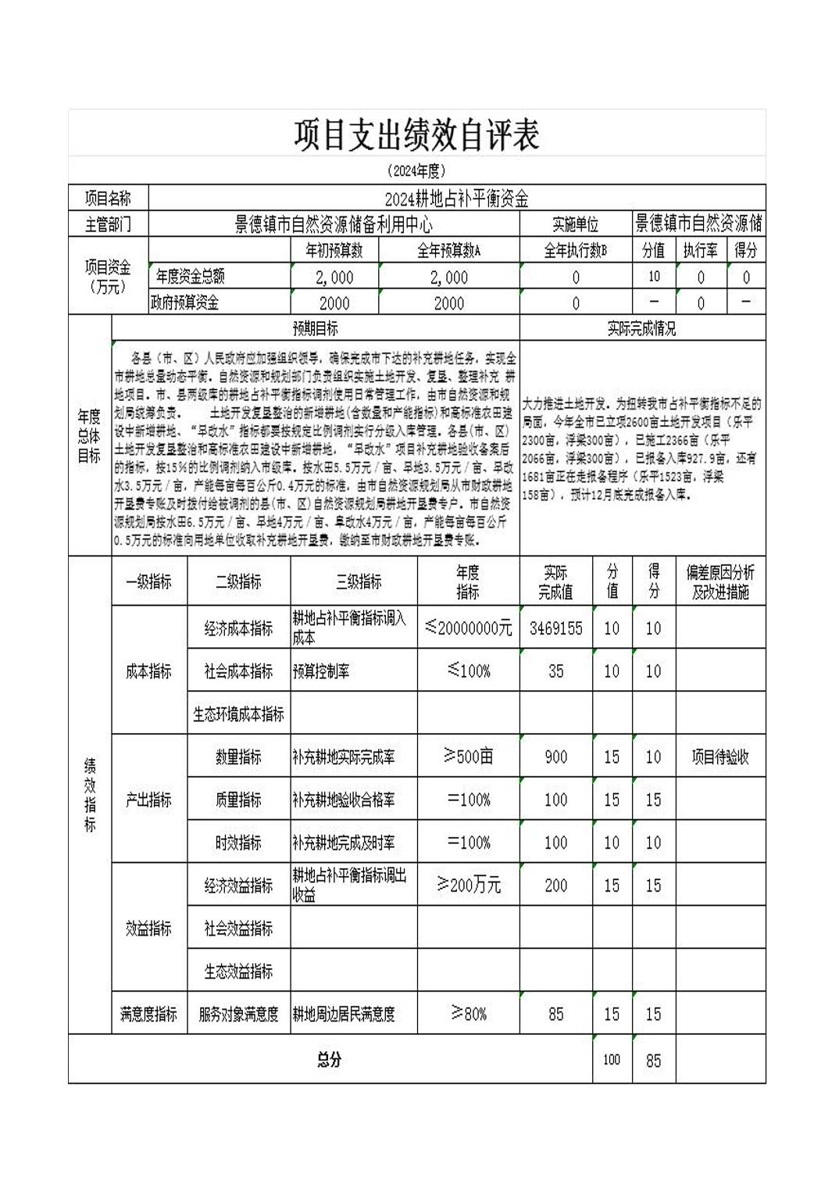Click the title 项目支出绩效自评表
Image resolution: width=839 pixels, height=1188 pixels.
click(x=416, y=134)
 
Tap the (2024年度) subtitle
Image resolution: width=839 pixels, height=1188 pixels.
click(x=416, y=171)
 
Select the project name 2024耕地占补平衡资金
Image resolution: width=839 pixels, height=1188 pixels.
click(x=457, y=199)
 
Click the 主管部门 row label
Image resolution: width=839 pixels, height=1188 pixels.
click(x=108, y=225)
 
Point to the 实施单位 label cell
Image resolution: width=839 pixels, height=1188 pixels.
click(x=575, y=225)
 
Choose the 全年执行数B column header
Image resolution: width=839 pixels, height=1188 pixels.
click(x=575, y=251)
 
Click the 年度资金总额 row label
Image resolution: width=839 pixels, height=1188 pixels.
click(x=190, y=277)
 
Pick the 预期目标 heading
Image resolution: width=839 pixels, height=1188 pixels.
click(x=315, y=329)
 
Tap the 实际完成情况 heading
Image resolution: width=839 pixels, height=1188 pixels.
click(x=641, y=329)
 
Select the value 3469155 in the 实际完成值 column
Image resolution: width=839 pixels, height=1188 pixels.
click(x=555, y=628)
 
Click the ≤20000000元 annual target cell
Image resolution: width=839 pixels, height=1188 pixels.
click(x=469, y=628)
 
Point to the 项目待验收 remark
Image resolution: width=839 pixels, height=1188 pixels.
click(x=720, y=757)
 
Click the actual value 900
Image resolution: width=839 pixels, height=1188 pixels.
click(x=555, y=757)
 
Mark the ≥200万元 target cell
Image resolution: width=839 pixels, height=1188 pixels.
click(x=469, y=886)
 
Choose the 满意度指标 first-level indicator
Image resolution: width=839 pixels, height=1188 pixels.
click(x=148, y=1014)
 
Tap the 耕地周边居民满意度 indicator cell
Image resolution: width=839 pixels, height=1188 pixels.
click(x=344, y=1014)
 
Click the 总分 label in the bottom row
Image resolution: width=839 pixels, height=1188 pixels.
click(x=330, y=1060)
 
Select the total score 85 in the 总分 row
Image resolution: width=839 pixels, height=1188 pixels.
click(x=653, y=1061)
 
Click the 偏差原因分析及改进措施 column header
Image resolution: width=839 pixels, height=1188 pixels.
click(x=720, y=582)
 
